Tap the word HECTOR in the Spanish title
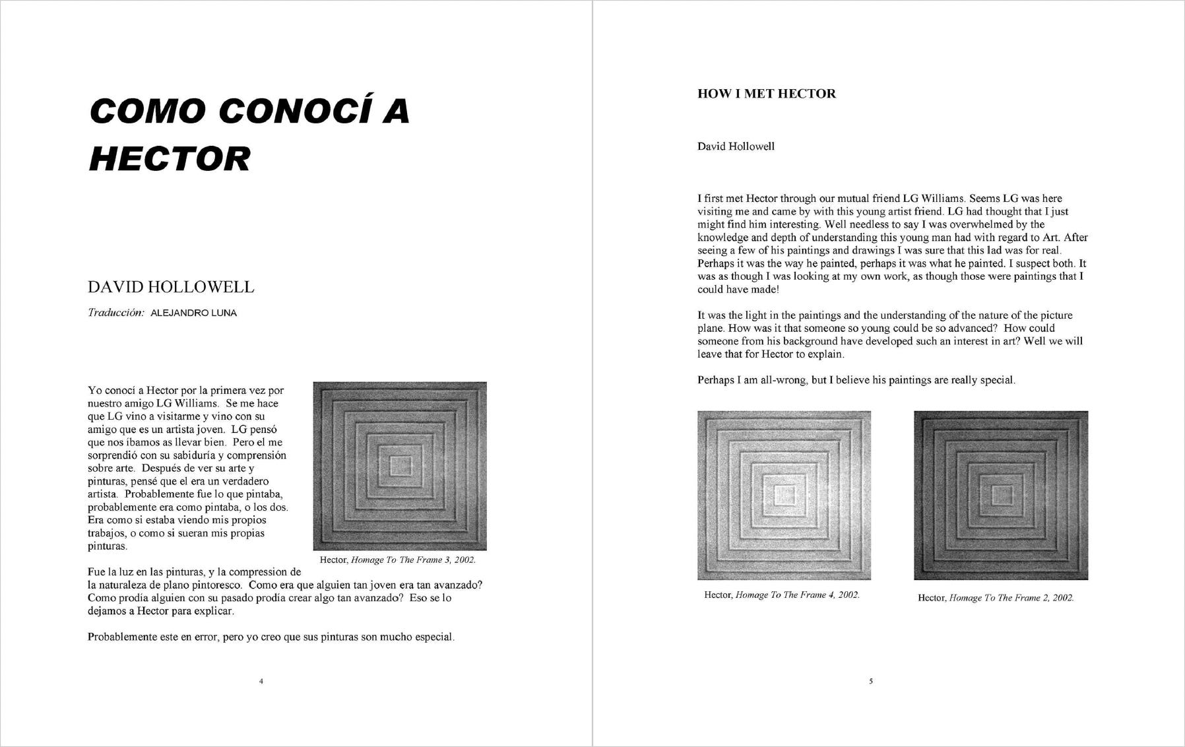[x=170, y=159]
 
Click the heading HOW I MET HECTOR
[x=766, y=94]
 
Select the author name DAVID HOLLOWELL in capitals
[x=171, y=287]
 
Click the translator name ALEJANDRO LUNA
[x=193, y=313]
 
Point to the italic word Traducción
[x=115, y=313]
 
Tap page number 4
[x=261, y=681]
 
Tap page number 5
[x=870, y=681]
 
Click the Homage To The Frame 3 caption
[x=397, y=560]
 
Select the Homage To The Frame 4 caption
[x=782, y=595]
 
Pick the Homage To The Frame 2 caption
[x=996, y=598]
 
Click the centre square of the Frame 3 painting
[x=400, y=466]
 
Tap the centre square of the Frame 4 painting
[x=784, y=496]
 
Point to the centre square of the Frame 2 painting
[x=1001, y=496]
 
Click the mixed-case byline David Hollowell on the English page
[x=736, y=146]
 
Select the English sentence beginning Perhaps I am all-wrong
[x=856, y=380]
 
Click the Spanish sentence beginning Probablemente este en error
[x=271, y=637]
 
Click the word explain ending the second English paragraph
[x=827, y=354]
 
